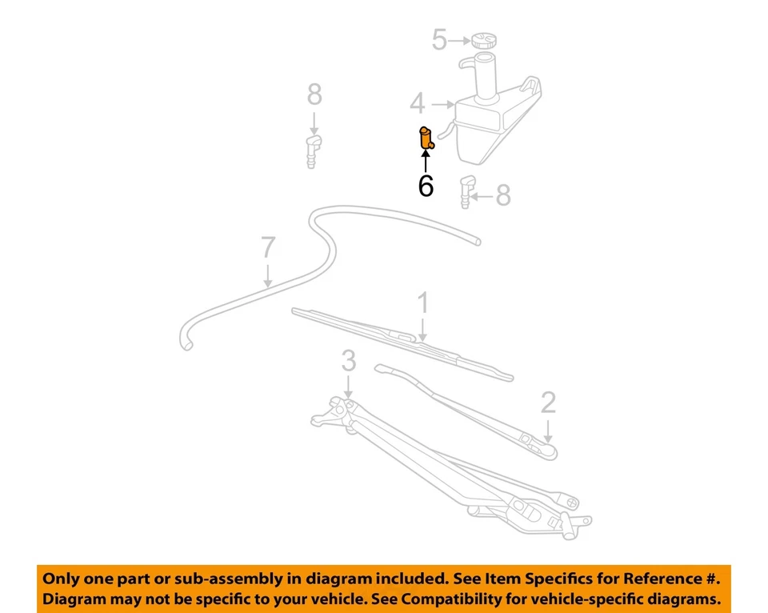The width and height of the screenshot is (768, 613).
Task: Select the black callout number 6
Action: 426,186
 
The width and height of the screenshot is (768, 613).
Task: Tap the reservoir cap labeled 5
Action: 483,39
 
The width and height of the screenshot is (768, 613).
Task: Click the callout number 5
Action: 439,39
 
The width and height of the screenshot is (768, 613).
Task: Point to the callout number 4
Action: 417,103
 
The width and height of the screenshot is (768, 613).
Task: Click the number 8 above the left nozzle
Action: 314,94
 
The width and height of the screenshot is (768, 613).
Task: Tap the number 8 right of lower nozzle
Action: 503,194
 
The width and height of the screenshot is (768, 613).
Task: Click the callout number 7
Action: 268,248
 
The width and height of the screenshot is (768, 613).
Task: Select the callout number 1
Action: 423,303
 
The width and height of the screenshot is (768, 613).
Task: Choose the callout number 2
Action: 548,402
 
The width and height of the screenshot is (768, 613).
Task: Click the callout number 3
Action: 348,361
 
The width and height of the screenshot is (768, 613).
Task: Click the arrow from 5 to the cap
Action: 460,39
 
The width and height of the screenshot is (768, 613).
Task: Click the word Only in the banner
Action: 61,578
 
